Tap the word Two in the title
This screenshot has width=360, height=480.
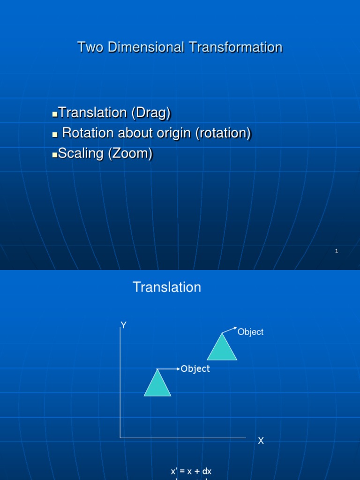pos(88,47)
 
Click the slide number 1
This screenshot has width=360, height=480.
pos(337,251)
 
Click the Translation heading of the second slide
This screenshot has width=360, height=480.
pos(167,287)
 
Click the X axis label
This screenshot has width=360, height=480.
pos(261,441)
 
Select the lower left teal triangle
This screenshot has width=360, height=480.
pos(157,384)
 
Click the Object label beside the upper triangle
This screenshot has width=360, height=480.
pos(250,332)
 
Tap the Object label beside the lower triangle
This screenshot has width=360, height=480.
pos(195,369)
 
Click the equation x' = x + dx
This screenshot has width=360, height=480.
pos(191,471)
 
